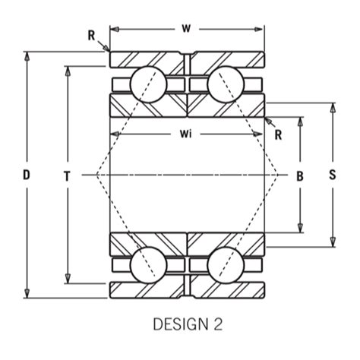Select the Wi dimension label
[x=185, y=134]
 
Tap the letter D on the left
[x=27, y=175]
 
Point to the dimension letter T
[x=68, y=175]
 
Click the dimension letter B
[x=300, y=175]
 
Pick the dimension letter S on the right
[x=332, y=175]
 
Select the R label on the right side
[x=279, y=135]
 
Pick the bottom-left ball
[x=145, y=267]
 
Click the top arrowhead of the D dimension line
[x=27, y=55]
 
